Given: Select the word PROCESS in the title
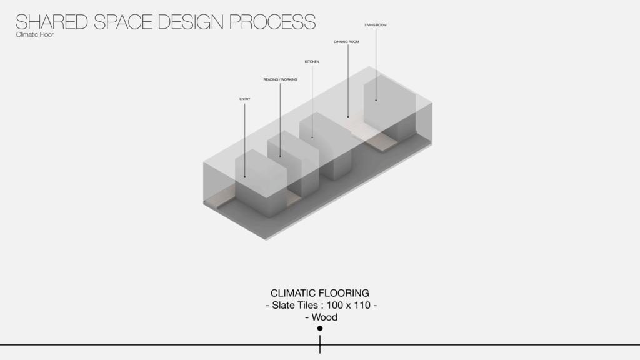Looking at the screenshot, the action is [x=272, y=22].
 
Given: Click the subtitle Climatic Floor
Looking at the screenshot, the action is [x=35, y=35].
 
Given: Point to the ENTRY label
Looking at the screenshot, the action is [x=245, y=99].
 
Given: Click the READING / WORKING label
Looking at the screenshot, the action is [x=281, y=79].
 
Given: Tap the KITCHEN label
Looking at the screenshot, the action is [x=312, y=62].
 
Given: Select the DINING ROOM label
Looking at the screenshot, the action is [x=346, y=42].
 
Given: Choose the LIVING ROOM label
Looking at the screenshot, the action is [x=376, y=25].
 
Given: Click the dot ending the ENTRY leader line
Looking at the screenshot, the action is [x=245, y=177].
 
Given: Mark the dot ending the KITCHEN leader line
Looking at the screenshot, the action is [x=312, y=137].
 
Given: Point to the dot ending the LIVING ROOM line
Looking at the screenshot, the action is [x=376, y=100].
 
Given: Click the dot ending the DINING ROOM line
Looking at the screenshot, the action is [x=348, y=117].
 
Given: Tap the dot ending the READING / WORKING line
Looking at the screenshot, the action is [x=280, y=156].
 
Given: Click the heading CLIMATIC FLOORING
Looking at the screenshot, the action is [x=320, y=293].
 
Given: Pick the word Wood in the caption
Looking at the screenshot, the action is [x=324, y=317].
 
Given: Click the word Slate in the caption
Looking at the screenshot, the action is [x=282, y=305].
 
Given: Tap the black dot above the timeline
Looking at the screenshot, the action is [x=320, y=328].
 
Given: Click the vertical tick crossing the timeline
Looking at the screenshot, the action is [x=320, y=344].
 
